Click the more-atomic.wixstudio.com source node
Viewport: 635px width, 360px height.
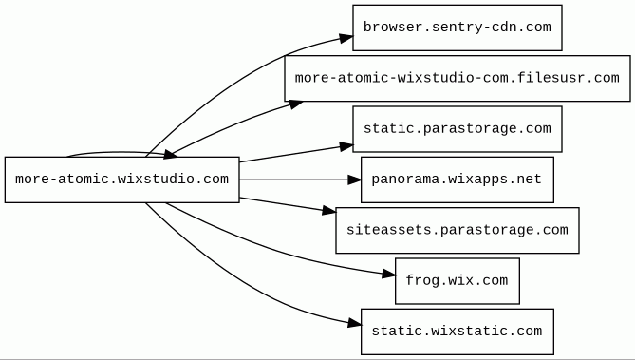(x=121, y=180)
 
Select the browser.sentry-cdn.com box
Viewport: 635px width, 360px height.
(x=458, y=28)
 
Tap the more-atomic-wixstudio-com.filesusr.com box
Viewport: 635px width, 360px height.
(x=458, y=78)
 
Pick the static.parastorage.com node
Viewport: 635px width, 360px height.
(x=458, y=129)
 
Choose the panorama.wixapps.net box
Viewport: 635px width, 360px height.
(x=458, y=180)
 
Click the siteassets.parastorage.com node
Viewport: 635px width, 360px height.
(x=458, y=230)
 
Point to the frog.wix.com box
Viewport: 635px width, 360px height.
(x=458, y=281)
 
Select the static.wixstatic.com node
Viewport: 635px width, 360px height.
(x=458, y=332)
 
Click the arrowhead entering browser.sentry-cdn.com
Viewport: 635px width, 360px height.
(x=346, y=38)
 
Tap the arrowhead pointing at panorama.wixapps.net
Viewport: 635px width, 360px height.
(x=354, y=180)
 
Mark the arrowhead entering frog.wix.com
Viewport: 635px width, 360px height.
(x=389, y=275)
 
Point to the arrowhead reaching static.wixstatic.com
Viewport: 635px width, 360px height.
(x=354, y=323)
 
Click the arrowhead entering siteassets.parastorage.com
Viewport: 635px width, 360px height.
(x=329, y=211)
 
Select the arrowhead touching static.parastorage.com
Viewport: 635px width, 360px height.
(x=346, y=146)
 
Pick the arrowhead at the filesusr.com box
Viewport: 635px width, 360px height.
(x=295, y=104)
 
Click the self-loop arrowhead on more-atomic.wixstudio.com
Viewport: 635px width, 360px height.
(x=170, y=154)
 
